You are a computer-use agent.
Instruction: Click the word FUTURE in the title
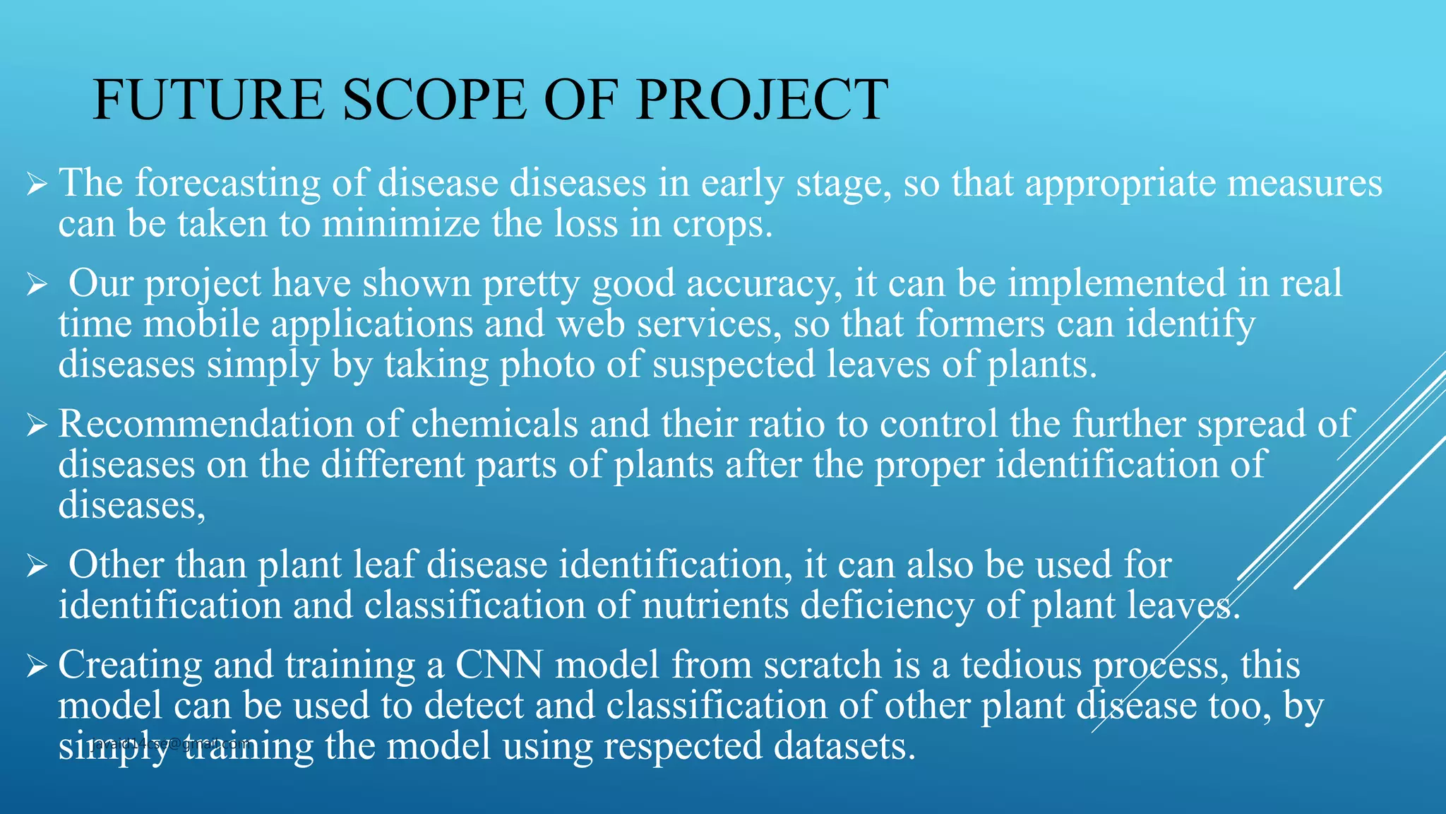[209, 100]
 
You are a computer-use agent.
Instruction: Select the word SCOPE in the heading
[434, 100]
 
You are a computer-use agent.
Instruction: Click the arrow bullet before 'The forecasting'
[36, 186]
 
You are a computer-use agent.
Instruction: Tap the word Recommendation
[205, 425]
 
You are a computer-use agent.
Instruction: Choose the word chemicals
[494, 425]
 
